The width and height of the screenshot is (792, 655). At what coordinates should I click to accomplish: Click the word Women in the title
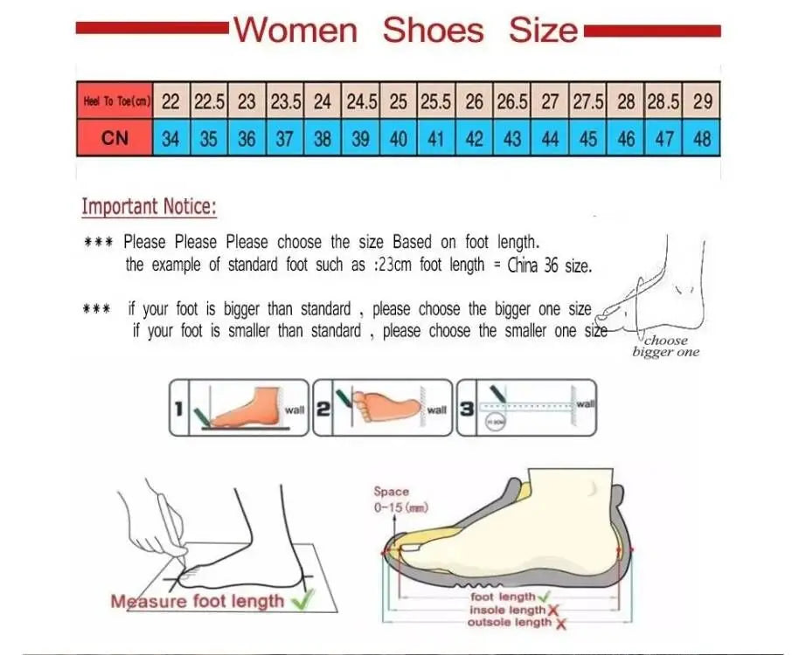point(295,31)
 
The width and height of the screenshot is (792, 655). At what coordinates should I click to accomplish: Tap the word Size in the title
point(544,31)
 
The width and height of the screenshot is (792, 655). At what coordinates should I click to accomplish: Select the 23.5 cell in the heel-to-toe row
point(286,102)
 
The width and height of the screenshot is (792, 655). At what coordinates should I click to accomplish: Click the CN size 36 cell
point(247,139)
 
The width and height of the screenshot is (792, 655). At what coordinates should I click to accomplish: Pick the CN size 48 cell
point(702,139)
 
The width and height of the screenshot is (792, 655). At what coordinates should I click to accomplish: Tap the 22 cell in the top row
point(171,102)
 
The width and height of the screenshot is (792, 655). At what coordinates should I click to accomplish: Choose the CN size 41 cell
point(436,139)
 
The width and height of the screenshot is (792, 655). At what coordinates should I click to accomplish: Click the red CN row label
point(115,139)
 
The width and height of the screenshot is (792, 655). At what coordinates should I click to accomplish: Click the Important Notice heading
point(149,208)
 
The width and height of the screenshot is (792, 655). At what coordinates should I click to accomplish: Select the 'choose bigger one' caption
point(666,347)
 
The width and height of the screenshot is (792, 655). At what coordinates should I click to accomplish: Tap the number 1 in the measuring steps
point(180,408)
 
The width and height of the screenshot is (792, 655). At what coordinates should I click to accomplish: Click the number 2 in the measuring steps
point(323,408)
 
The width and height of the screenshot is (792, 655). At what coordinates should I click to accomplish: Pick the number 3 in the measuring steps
point(467,408)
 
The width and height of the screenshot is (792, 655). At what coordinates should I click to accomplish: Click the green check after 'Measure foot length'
point(303,600)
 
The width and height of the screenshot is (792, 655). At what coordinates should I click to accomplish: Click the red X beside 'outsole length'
point(560,624)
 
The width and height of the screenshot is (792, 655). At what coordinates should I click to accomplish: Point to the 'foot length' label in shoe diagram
point(503,596)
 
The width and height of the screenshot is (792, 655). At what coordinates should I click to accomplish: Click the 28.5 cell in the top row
point(663,102)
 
